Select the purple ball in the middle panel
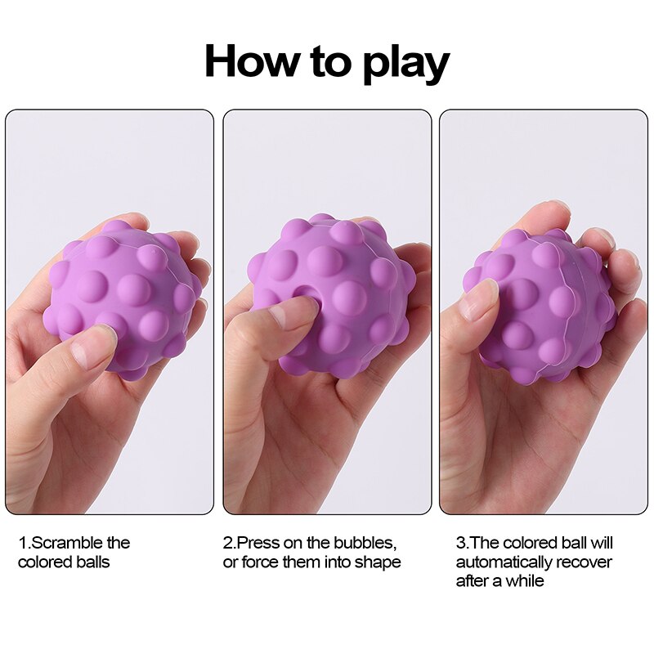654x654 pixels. (335, 290)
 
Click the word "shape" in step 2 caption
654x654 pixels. (379, 562)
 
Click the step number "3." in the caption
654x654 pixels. (461, 543)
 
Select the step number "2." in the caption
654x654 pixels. (229, 543)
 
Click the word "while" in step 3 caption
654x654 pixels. (524, 581)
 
